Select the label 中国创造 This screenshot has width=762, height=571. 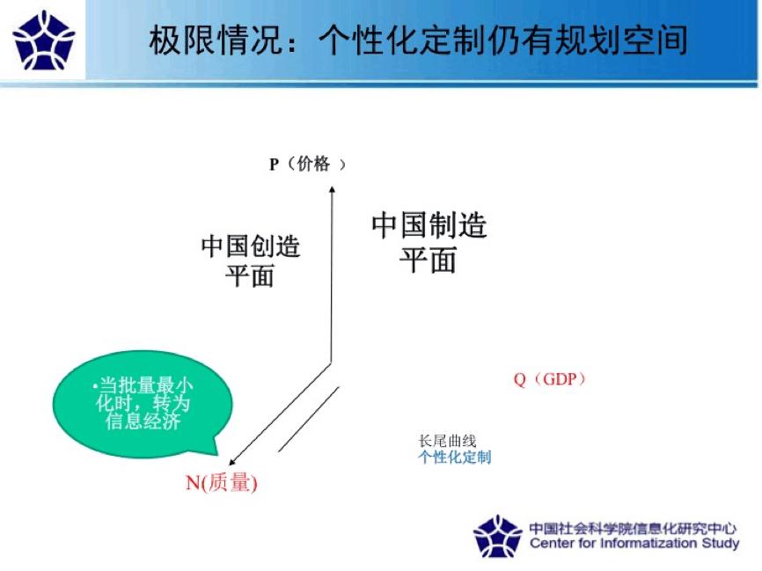coord(251,246)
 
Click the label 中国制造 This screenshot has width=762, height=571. coord(429,226)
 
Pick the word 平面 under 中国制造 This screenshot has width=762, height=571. coord(429,260)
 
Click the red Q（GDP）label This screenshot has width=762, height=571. coord(550,379)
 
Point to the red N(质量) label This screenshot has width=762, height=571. coord(221,483)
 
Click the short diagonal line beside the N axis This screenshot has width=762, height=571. coord(309,419)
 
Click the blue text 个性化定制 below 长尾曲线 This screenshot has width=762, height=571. coord(454,458)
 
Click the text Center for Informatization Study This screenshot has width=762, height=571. coord(634,544)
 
